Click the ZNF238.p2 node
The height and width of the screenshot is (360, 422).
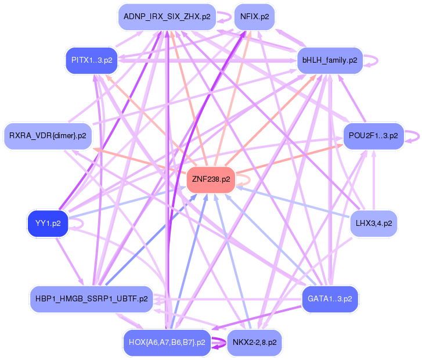point(211,179)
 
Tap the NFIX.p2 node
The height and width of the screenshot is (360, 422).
point(254,17)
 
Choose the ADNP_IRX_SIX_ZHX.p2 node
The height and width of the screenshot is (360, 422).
point(167,17)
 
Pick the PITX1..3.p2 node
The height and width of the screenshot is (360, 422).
point(92,60)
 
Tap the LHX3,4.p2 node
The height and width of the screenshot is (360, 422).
point(373,223)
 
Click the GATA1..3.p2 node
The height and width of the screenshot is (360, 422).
point(330,299)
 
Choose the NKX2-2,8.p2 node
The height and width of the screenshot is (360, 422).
point(254,342)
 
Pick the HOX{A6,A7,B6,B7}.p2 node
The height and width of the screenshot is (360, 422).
point(167,342)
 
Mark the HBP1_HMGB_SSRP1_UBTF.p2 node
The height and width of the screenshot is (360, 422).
point(92,299)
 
